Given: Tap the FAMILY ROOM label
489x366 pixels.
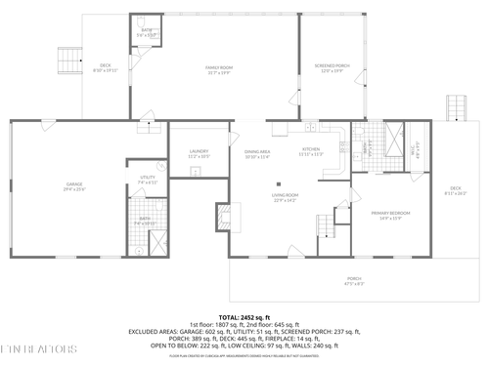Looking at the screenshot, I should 217,68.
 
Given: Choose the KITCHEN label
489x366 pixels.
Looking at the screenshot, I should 311,150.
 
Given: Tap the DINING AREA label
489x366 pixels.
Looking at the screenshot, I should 257,153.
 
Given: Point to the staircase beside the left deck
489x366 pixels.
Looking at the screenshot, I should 67,61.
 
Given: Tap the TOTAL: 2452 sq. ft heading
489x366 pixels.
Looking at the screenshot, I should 244,317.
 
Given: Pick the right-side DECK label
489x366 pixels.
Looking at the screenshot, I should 455,189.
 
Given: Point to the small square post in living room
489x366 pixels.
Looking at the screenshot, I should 279,182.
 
